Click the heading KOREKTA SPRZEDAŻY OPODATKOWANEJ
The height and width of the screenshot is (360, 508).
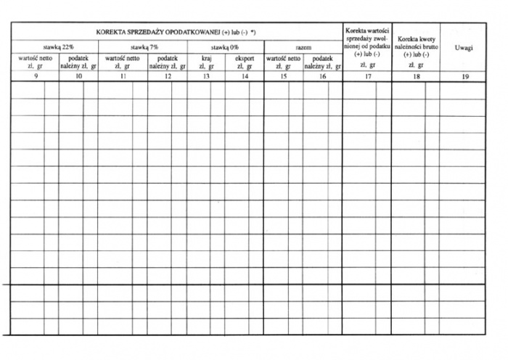point(176,33)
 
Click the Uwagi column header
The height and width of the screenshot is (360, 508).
point(464,48)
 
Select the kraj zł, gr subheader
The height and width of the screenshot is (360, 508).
point(206,62)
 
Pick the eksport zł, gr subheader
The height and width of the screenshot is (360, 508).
point(245,62)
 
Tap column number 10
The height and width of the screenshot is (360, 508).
point(78,75)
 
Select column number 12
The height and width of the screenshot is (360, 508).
point(168,75)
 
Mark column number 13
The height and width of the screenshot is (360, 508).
point(206,75)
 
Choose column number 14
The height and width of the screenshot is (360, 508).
point(245,75)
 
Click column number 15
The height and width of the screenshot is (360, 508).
point(284,75)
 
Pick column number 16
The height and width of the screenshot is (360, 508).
point(323,75)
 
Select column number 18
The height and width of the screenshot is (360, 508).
point(416,75)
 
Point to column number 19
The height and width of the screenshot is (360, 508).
point(464,75)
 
